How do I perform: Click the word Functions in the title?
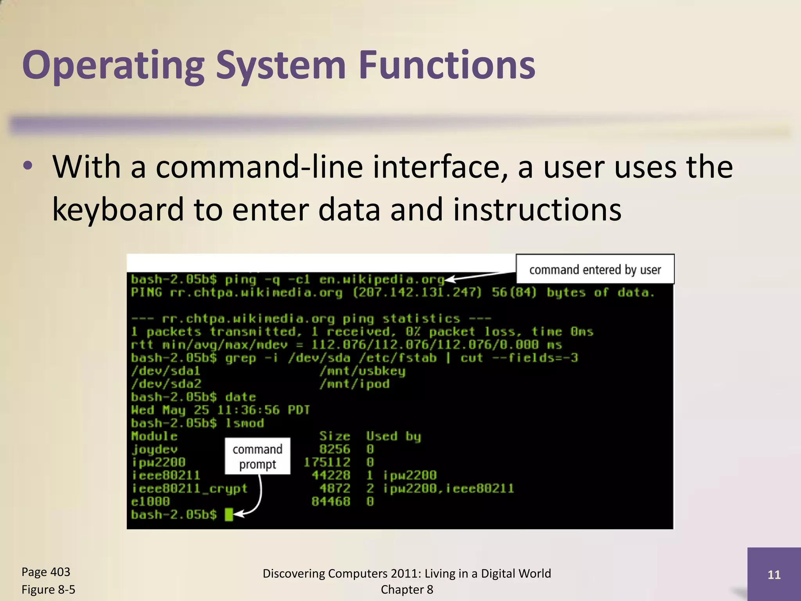point(447,65)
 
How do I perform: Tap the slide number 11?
point(774,574)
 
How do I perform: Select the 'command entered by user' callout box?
point(595,269)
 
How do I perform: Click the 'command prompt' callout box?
point(257,456)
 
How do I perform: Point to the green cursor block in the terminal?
point(229,514)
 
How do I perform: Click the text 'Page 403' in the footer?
point(46,572)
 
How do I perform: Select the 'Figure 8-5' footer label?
point(48,589)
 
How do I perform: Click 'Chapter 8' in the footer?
point(407,589)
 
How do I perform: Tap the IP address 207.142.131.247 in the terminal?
point(417,293)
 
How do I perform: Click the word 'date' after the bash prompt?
point(241,397)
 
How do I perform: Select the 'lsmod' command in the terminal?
point(245,423)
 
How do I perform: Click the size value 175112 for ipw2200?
point(327,462)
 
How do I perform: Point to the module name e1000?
point(151,501)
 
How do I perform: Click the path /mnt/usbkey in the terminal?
point(362,371)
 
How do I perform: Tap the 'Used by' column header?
point(393,436)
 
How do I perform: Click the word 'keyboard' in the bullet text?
point(118,209)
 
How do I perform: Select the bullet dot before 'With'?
point(28,166)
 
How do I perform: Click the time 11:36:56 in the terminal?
point(248,410)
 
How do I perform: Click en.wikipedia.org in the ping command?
point(382,279)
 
